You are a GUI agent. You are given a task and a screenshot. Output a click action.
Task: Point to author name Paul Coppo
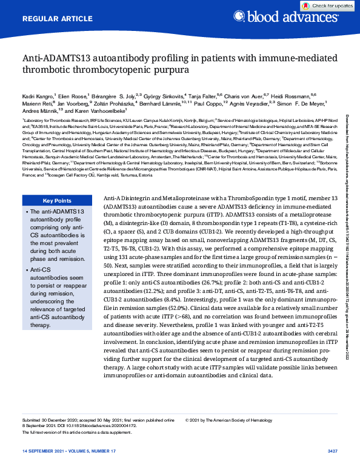[225, 103]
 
